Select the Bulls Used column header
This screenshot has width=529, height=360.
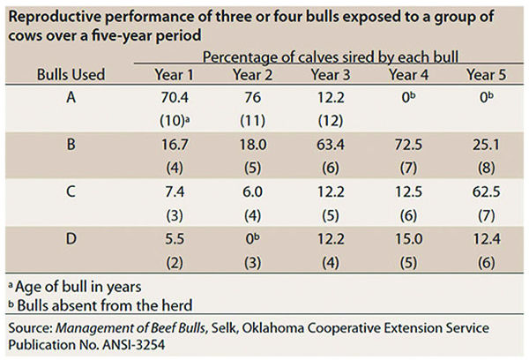click(71, 75)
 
